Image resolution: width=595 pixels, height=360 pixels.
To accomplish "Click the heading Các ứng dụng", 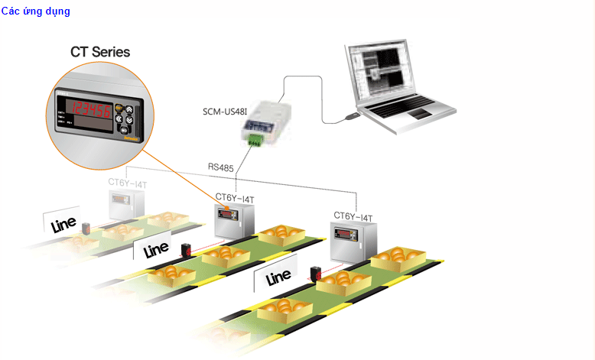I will (x=35, y=11).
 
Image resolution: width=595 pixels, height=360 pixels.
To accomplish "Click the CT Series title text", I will (x=99, y=52).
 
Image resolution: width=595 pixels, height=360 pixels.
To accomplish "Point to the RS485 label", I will (x=222, y=165).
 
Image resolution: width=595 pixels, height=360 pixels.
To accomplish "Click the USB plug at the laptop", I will (x=352, y=117).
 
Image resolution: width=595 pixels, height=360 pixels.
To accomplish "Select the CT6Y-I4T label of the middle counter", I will (x=235, y=199).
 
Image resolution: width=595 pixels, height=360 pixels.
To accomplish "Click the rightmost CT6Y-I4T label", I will (x=353, y=216).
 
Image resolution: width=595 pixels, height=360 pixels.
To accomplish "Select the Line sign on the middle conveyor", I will (x=155, y=248).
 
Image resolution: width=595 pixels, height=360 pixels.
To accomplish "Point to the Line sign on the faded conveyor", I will (x=63, y=222).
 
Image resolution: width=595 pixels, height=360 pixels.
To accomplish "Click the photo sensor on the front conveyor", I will (x=314, y=274).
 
